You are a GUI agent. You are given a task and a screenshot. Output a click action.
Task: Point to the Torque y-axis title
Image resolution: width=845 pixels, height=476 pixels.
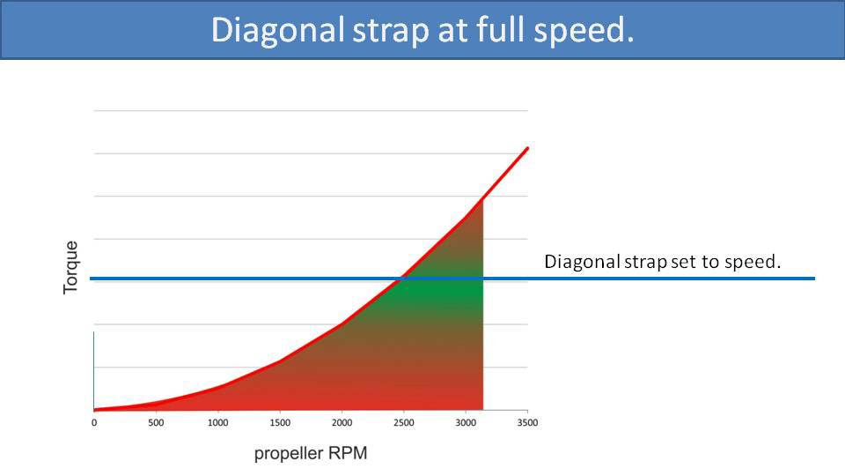pyautogui.click(x=71, y=268)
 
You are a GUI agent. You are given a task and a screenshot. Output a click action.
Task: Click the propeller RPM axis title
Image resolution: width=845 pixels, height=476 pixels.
pyautogui.click(x=311, y=454)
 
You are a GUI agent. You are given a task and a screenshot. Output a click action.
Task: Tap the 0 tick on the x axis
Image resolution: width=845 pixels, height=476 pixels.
pyautogui.click(x=94, y=422)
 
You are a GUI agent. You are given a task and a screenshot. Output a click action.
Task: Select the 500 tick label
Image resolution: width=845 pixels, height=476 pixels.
pyautogui.click(x=156, y=422)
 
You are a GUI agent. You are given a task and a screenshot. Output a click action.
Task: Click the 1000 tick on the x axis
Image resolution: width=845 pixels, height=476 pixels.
pyautogui.click(x=217, y=422)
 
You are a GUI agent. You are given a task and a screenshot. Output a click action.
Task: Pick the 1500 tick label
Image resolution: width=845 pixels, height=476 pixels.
pyautogui.click(x=279, y=422)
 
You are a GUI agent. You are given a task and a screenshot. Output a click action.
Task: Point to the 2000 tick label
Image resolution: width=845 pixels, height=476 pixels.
pyautogui.click(x=342, y=422)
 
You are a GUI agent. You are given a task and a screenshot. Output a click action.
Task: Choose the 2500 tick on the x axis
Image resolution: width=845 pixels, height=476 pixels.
pyautogui.click(x=403, y=422)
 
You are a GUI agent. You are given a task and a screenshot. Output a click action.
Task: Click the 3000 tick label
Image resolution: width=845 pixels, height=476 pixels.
pyautogui.click(x=465, y=422)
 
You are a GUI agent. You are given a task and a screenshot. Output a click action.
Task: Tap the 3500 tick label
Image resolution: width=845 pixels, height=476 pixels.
pyautogui.click(x=526, y=422)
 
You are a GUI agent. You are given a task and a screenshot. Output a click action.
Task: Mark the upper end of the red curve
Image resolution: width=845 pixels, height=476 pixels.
pyautogui.click(x=527, y=148)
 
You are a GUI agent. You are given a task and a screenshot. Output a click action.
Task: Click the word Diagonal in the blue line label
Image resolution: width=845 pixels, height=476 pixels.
pyautogui.click(x=576, y=262)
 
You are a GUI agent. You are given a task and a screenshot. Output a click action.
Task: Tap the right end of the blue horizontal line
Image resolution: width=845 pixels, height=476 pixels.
pyautogui.click(x=814, y=279)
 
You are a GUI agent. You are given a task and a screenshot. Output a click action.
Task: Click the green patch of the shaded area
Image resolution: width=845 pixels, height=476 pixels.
pyautogui.click(x=449, y=291)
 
